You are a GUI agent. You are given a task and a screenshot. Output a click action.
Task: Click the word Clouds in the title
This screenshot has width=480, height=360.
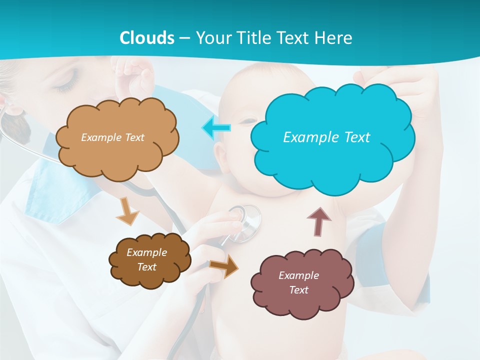point(147,38)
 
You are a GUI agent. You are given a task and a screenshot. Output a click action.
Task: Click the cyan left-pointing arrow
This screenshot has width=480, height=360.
point(216,128)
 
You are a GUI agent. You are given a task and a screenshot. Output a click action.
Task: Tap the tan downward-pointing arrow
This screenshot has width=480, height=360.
point(127,211)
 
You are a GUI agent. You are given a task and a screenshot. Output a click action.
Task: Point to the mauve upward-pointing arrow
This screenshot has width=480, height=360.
point(318,221)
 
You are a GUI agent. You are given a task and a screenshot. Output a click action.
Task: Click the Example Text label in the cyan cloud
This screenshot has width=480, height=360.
point(326,137)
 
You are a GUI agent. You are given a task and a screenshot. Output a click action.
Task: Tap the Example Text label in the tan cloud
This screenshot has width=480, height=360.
point(112,137)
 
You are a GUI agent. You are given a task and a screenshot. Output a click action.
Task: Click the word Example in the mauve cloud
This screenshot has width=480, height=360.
point(298,275)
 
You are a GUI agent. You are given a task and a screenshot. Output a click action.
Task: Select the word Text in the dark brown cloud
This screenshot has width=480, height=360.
point(146,267)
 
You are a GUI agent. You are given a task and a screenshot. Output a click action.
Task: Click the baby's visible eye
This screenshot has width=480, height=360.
point(247,120)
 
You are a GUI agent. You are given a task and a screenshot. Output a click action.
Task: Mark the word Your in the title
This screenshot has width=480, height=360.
point(210,38)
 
